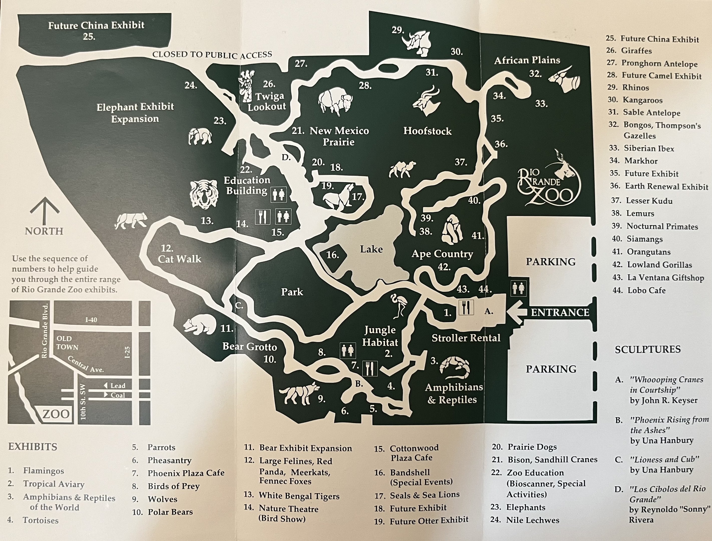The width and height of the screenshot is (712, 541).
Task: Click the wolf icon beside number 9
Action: coord(299,393)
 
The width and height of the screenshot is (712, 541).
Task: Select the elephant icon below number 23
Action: coord(200,137)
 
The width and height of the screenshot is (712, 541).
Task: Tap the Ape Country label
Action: coord(442,254)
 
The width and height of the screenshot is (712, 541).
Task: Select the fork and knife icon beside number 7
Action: coord(370,368)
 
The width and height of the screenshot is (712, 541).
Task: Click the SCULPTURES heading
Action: coord(648,349)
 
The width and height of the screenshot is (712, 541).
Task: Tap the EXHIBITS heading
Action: coord(33,447)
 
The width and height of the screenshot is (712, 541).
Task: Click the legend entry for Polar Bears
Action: coord(170,512)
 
